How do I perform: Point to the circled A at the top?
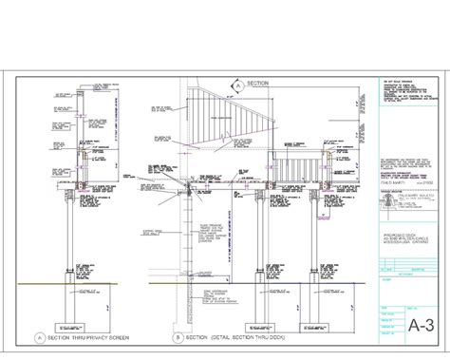[235, 85]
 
